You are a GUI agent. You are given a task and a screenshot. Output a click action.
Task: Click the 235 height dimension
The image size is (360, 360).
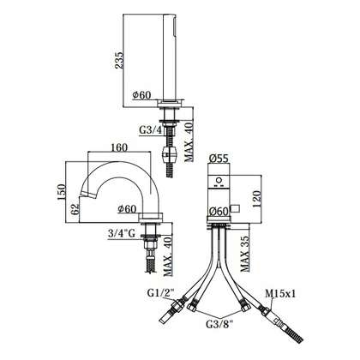119,60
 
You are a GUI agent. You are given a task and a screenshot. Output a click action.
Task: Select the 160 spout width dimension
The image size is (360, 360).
118,147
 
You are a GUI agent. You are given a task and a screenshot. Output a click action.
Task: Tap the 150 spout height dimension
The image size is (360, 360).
62,191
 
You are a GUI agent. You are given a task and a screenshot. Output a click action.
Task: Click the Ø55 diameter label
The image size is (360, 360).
219,158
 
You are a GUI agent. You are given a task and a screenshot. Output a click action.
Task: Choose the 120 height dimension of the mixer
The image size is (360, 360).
255,199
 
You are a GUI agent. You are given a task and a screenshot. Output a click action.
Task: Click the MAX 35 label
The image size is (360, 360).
245,254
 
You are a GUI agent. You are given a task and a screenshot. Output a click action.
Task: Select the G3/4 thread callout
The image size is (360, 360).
151,130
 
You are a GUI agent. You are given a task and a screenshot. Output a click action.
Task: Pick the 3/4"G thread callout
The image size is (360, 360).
122,233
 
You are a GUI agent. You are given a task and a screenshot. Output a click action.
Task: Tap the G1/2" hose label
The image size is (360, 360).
161,292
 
